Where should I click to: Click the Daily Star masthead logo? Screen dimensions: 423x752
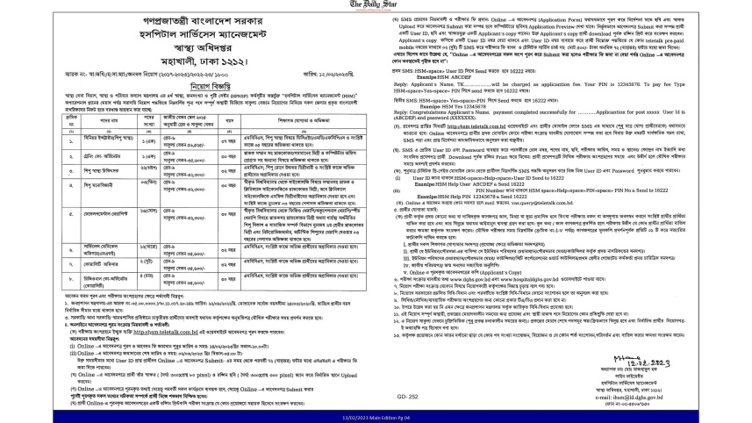click(376, 5)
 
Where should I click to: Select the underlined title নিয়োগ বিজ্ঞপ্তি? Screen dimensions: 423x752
click(188, 88)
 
